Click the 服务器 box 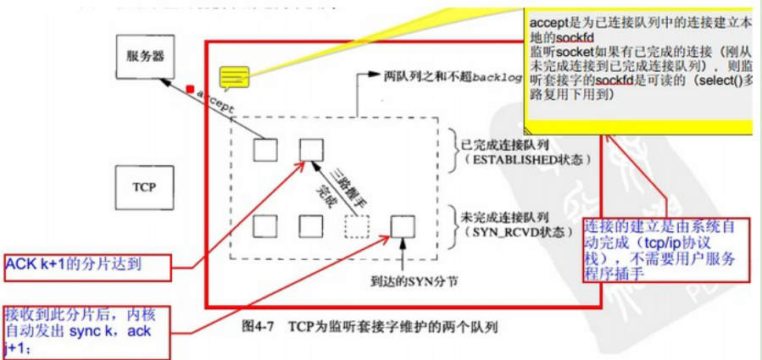click(146, 58)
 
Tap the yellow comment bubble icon click(231, 79)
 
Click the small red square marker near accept click(191, 87)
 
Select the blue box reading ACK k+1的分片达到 click(86, 265)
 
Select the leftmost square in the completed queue click(265, 150)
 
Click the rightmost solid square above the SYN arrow click(402, 226)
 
